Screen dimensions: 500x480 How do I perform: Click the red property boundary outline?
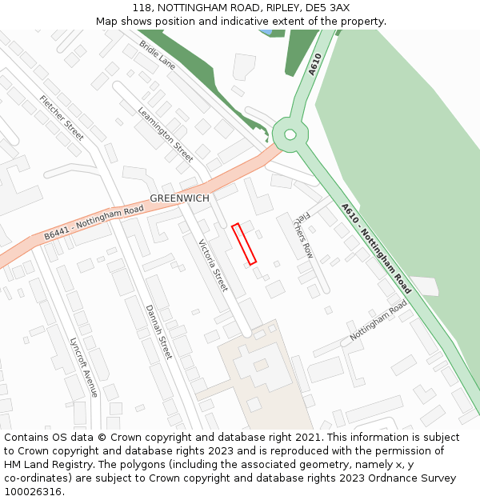(x=244, y=244)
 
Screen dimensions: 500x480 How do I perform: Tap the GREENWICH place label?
(x=179, y=198)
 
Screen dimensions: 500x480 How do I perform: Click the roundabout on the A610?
(x=290, y=134)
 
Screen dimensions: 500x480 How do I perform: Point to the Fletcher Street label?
(x=62, y=118)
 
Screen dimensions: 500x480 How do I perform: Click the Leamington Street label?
(x=166, y=134)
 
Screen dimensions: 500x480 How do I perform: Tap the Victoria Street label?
(x=213, y=265)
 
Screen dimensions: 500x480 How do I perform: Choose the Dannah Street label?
(x=158, y=331)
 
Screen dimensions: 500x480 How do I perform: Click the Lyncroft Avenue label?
(x=83, y=366)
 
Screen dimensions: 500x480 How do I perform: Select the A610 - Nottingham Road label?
(x=376, y=248)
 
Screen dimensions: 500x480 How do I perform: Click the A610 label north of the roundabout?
(x=315, y=64)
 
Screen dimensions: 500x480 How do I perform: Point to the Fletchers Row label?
(x=303, y=235)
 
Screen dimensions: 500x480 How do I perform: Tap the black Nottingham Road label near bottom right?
(x=378, y=321)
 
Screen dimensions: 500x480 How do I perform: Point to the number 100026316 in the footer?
(x=32, y=492)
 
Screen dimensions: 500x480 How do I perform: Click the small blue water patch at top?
(x=265, y=32)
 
